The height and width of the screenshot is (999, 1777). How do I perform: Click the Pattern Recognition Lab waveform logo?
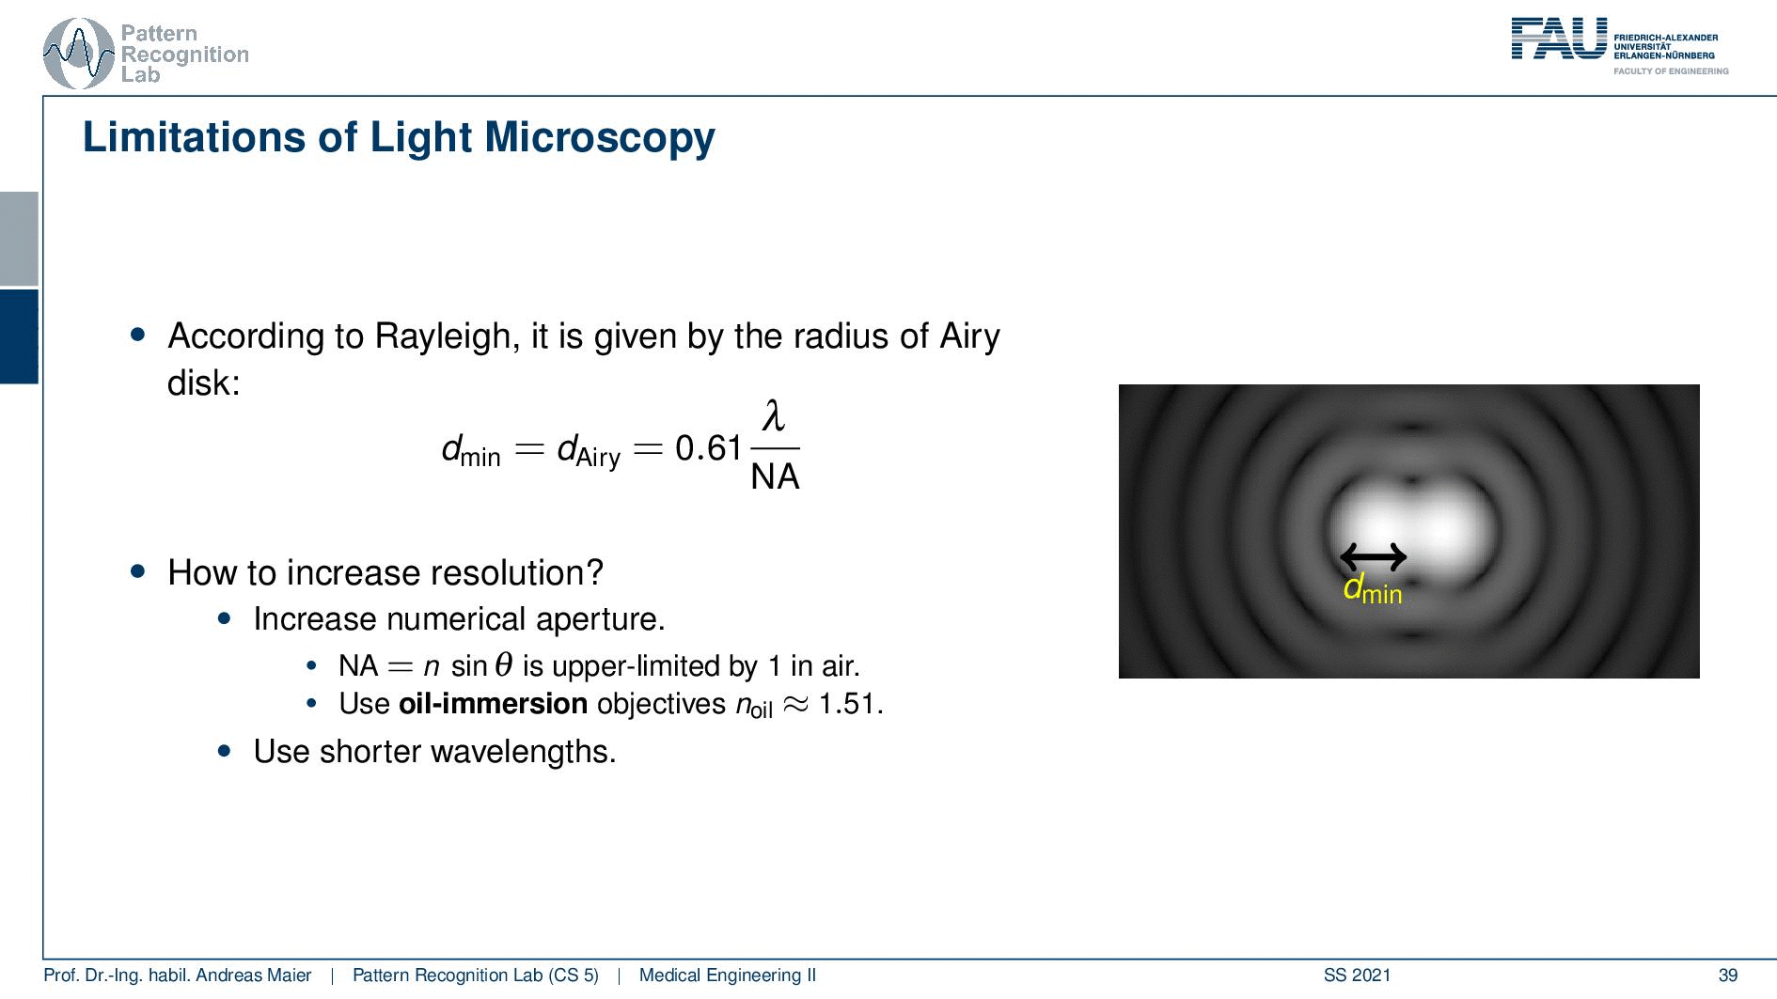(x=79, y=54)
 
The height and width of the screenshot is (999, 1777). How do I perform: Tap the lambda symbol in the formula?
(x=774, y=415)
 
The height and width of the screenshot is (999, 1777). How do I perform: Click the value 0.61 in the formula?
(x=709, y=448)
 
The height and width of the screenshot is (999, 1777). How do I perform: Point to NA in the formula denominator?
(x=775, y=476)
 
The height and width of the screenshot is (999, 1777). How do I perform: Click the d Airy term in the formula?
(x=590, y=450)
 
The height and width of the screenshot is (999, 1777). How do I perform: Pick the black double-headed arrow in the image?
(x=1373, y=557)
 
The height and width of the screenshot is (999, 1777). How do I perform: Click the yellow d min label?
(x=1373, y=589)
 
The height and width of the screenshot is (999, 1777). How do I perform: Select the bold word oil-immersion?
(x=493, y=704)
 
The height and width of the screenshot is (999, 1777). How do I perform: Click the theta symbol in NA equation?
(x=504, y=665)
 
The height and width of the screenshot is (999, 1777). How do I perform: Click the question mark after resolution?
(x=594, y=572)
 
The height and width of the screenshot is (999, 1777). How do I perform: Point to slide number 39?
(x=1728, y=976)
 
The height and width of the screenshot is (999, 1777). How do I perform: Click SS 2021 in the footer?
(x=1357, y=976)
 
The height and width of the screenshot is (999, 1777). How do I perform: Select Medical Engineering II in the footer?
(x=728, y=976)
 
